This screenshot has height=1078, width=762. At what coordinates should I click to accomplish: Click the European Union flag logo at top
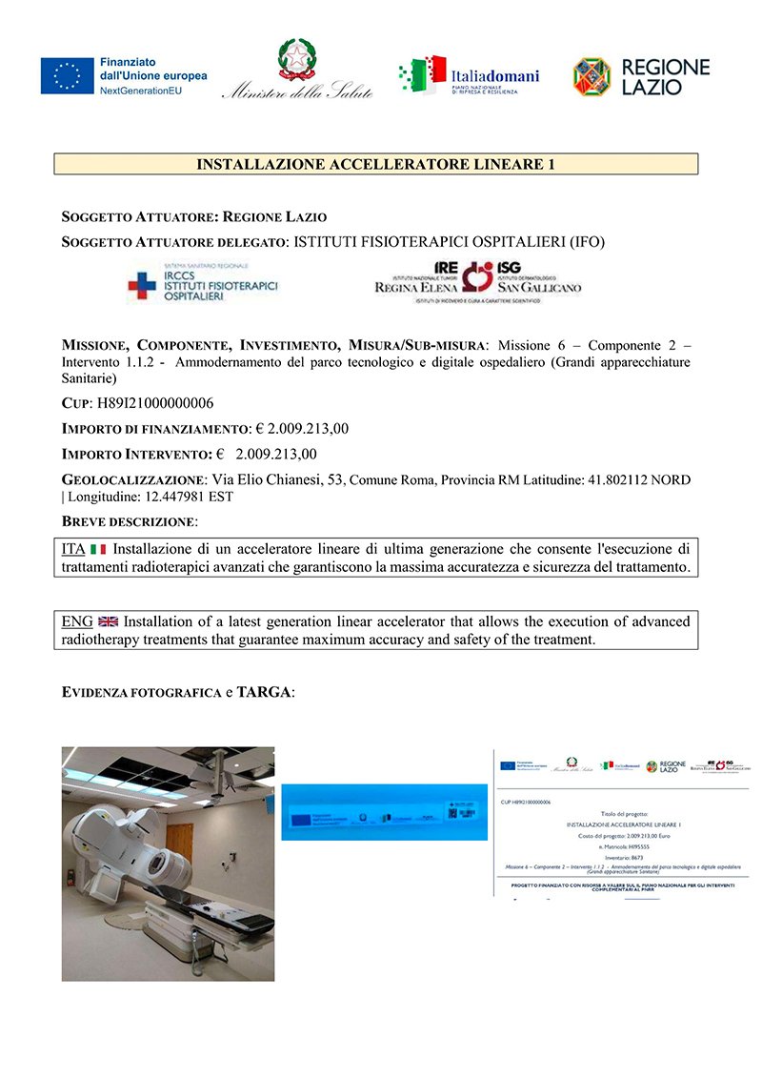67,76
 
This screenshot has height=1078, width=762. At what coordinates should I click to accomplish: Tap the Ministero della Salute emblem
294,59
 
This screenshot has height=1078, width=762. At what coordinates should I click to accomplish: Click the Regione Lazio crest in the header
592,76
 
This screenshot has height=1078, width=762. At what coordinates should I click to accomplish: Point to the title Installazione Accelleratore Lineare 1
375,164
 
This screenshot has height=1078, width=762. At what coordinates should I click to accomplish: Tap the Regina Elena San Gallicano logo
477,281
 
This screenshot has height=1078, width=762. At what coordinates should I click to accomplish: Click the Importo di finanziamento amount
302,429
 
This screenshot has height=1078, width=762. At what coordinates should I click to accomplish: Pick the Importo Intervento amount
276,454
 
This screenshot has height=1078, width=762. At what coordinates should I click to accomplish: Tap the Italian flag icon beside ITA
98,549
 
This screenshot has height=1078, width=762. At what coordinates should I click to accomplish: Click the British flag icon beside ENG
108,621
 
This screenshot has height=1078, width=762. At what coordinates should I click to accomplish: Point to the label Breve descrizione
129,521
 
